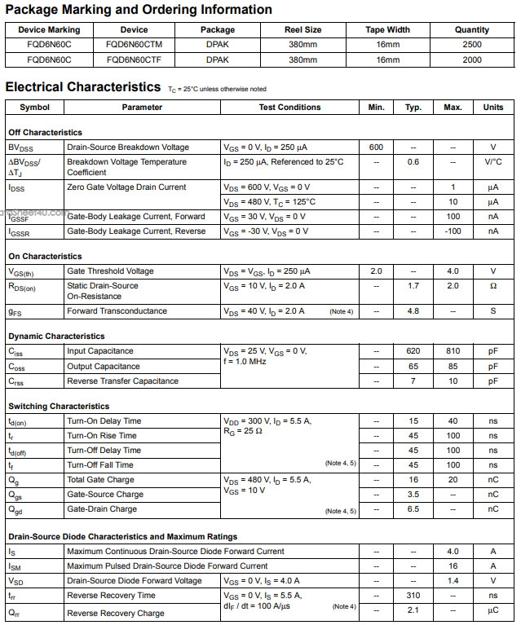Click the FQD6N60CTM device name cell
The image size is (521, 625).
[134, 45]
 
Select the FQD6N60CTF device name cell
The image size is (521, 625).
[133, 59]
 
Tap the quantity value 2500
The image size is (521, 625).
[472, 45]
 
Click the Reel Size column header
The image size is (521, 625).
[302, 30]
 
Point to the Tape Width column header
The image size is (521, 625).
[388, 30]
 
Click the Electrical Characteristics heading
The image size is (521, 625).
[83, 86]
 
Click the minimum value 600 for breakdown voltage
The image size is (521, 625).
[376, 147]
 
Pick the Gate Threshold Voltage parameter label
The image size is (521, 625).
[110, 271]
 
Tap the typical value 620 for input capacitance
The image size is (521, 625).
[413, 351]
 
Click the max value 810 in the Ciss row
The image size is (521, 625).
[453, 351]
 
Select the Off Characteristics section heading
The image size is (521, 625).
[45, 132]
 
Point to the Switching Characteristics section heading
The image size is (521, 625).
[59, 406]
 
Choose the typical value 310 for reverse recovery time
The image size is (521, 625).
[413, 596]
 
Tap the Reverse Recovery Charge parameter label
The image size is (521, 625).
[115, 613]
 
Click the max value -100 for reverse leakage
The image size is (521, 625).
[453, 231]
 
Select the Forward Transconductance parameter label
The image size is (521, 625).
[117, 311]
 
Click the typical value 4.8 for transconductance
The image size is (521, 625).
[413, 311]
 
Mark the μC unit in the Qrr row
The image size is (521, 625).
[492, 610]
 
